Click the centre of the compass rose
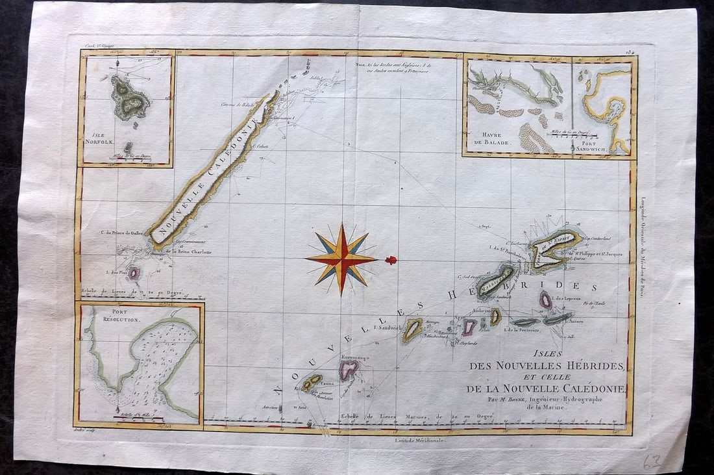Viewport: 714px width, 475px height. click(x=341, y=259)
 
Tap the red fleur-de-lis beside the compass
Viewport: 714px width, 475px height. click(x=391, y=260)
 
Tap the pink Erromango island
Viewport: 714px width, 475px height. click(x=349, y=369)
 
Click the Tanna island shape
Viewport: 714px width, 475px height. click(x=312, y=382)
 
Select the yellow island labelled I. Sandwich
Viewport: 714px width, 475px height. click(x=412, y=330)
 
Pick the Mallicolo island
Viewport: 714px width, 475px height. click(x=497, y=281)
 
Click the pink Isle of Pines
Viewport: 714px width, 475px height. click(x=134, y=274)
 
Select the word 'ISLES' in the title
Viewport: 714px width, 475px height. click(x=545, y=354)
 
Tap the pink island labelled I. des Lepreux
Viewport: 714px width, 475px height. click(x=546, y=299)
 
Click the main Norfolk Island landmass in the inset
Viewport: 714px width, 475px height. click(x=129, y=99)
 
